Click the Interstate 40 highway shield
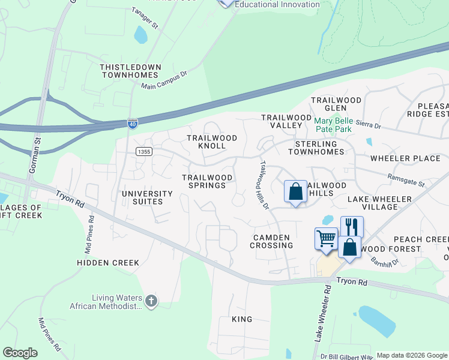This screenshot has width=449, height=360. [x=131, y=124]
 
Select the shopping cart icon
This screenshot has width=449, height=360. [x=326, y=238]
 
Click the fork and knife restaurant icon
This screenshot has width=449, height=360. [x=352, y=227]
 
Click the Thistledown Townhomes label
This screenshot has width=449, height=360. [x=130, y=71]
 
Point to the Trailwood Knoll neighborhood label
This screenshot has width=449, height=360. [x=212, y=142]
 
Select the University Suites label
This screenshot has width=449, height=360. [x=147, y=197]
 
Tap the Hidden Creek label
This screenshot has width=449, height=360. [x=108, y=263]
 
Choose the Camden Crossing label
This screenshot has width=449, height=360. [x=272, y=241]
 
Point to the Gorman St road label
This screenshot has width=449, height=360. [x=35, y=158]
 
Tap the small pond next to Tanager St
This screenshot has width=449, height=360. [x=140, y=35]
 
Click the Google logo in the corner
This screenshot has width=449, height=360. [x=20, y=353]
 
